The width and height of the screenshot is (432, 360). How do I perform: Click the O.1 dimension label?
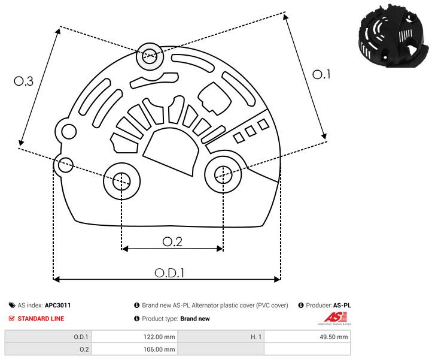(x=321, y=74)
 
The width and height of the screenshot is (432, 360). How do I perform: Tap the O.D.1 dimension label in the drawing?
(x=169, y=273)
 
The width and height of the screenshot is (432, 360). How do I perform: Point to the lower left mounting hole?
(x=121, y=179)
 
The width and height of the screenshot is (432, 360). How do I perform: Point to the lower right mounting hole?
(x=223, y=174)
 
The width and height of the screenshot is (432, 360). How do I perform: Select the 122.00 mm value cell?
(x=134, y=337)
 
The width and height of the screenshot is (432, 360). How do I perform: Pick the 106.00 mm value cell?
(x=134, y=349)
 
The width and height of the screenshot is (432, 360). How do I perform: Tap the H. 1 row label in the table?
(x=256, y=337)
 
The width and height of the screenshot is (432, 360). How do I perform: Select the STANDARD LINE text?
(x=41, y=319)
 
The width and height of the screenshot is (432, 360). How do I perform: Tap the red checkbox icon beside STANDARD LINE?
(x=12, y=319)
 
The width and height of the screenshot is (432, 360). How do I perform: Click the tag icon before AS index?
(x=12, y=305)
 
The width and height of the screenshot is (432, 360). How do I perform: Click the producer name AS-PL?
(x=342, y=305)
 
